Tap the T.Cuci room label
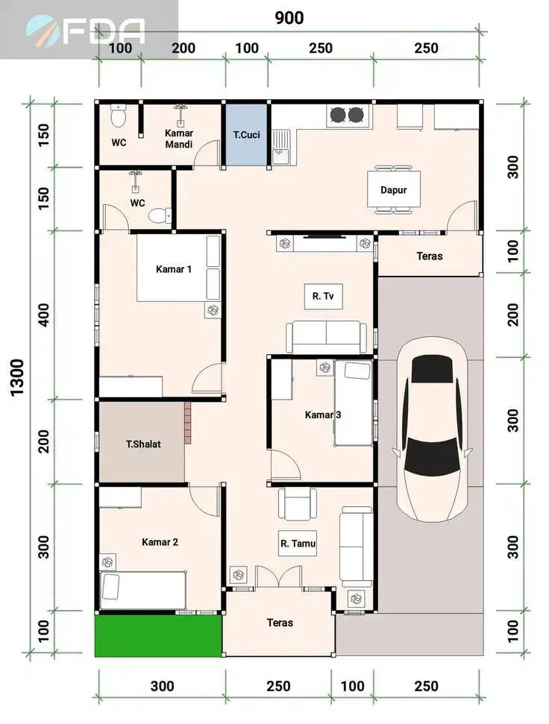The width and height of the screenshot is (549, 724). (247, 135)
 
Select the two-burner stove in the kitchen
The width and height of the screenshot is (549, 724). (347, 115)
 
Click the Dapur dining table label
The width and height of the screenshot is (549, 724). (393, 190)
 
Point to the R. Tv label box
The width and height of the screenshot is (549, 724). (323, 296)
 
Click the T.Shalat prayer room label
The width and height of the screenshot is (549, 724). (144, 444)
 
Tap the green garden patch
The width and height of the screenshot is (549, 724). (158, 635)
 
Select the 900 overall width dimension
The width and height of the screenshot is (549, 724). (289, 18)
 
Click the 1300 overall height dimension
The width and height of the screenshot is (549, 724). (16, 377)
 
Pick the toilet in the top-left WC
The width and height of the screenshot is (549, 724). (119, 116)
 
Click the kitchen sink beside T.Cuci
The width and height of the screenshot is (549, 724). (280, 147)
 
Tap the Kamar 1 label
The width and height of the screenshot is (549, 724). (174, 269)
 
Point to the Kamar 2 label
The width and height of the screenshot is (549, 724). (160, 542)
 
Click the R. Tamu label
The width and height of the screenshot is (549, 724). (298, 544)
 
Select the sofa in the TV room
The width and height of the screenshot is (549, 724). (327, 337)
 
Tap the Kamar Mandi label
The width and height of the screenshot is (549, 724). (179, 139)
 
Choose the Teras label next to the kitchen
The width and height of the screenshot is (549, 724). (430, 256)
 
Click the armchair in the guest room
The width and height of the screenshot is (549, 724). (298, 504)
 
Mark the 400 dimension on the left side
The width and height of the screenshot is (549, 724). (44, 315)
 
